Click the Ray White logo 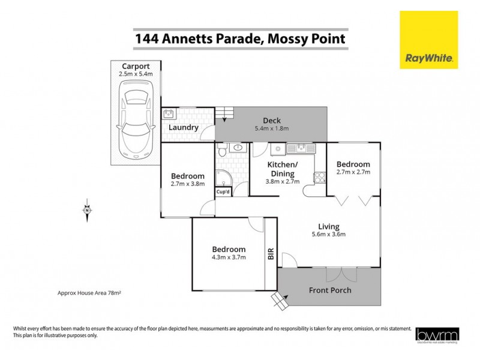click(x=428, y=40)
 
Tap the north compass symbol click(x=87, y=210)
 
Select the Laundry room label click(x=183, y=128)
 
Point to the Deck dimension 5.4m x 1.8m click(x=272, y=128)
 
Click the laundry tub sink click(x=168, y=113)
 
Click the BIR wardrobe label click(x=270, y=253)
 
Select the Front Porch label click(x=330, y=290)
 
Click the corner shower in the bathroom click(x=224, y=176)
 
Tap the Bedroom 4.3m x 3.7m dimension click(x=229, y=257)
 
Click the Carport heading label click(x=136, y=66)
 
